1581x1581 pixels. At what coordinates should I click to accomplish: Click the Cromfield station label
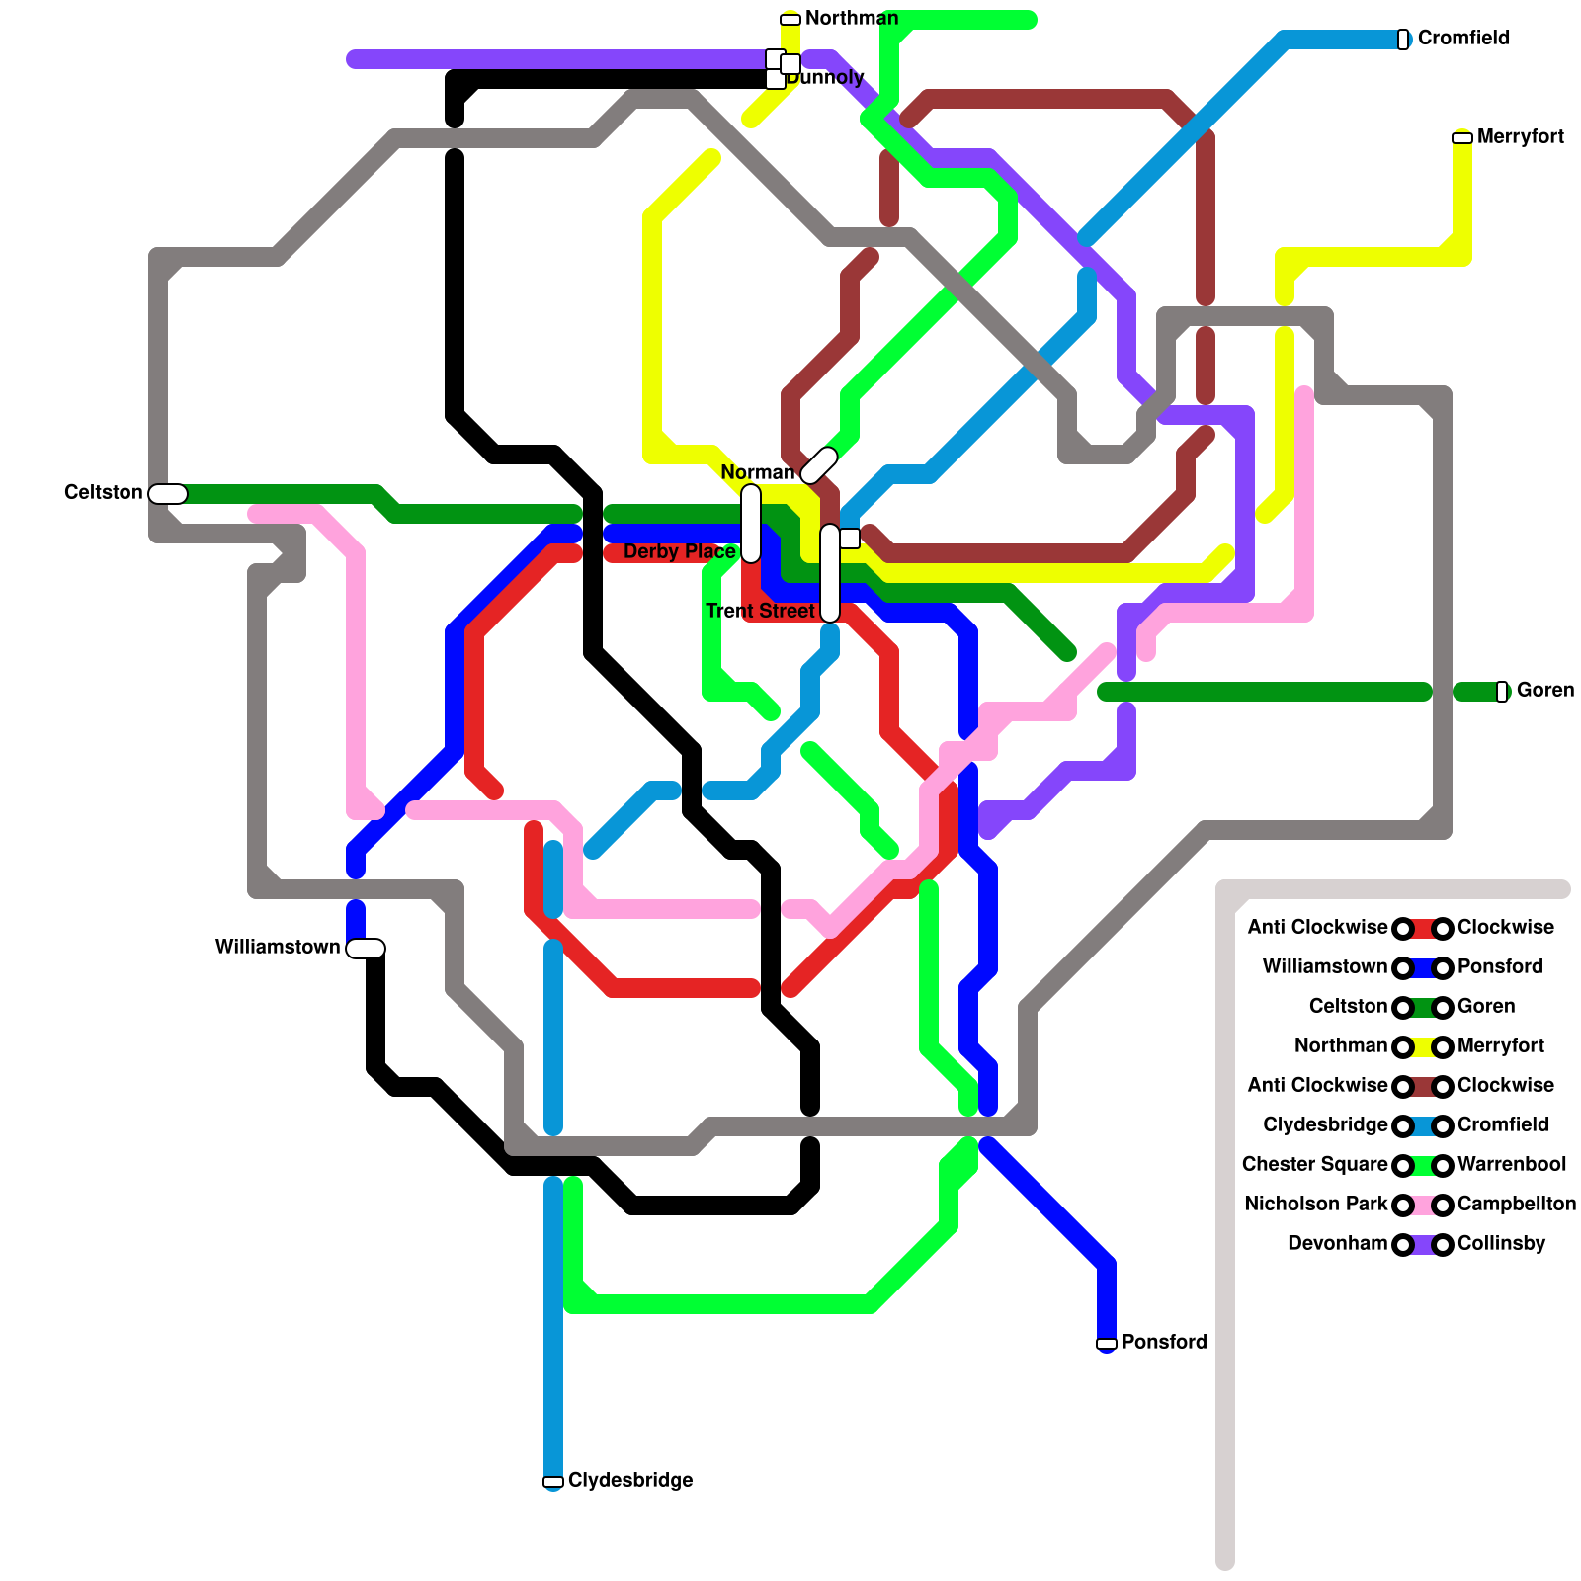point(1462,39)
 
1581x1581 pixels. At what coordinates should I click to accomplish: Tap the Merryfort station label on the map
point(1520,137)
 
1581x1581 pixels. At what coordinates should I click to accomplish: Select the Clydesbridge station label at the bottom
point(629,1480)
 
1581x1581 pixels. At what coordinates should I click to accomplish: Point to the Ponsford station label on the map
point(1163,1342)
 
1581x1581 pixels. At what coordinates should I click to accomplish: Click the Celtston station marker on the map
point(168,493)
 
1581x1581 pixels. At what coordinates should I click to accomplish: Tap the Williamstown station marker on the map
point(366,948)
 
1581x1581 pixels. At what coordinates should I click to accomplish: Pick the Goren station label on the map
point(1544,690)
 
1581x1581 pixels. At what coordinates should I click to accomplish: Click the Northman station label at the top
point(851,18)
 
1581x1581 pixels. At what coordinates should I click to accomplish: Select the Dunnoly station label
point(826,77)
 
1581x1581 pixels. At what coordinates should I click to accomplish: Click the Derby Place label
point(679,551)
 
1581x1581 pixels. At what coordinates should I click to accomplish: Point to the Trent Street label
point(760,611)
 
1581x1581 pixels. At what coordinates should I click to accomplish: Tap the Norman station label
point(757,472)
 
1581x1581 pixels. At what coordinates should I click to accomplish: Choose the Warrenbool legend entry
point(1511,1164)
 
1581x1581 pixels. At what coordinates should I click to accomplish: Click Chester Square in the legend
point(1314,1164)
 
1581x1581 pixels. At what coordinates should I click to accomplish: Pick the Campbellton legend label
point(1516,1204)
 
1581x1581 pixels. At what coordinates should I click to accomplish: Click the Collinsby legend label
point(1501,1243)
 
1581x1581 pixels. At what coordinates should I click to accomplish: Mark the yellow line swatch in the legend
point(1423,1046)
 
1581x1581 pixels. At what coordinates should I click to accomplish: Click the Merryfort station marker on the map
point(1462,138)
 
